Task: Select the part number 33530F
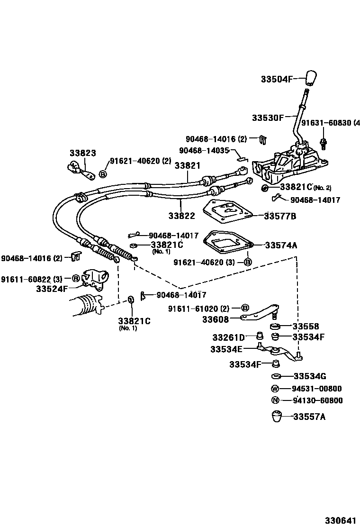(268, 117)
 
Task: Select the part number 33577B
(280, 216)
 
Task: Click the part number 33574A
(281, 245)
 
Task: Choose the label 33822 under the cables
(181, 216)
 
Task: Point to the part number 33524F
(52, 288)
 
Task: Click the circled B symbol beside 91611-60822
(76, 279)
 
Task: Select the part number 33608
(216, 319)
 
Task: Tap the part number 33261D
(228, 337)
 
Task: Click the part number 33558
(306, 327)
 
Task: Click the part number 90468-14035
(204, 150)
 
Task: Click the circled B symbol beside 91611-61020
(245, 309)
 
